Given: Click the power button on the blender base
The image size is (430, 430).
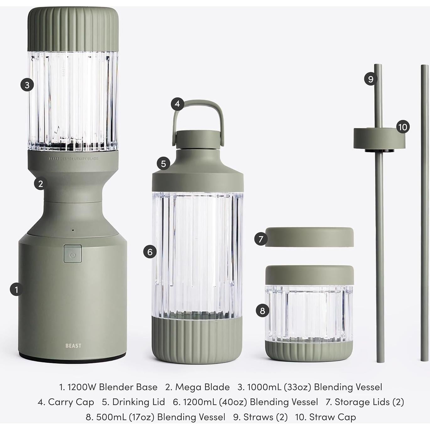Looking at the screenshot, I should pos(73,254).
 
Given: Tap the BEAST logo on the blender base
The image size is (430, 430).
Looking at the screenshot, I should pos(73,346).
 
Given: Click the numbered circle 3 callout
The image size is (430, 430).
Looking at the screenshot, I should pos(27,85).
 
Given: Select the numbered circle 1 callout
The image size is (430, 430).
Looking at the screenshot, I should pos(16,289).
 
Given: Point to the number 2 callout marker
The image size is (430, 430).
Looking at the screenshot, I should pos(40,184).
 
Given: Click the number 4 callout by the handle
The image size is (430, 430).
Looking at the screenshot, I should pos(177,104).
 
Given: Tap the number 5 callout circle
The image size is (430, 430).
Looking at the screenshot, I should pos(163,164).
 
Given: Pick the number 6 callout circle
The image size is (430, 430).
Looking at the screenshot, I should pos(150,252).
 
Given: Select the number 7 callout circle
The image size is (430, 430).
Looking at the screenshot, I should pos(261,239).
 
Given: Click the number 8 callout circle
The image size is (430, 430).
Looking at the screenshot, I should pos(262,311).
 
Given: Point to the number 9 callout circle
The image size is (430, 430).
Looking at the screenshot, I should pos(371,78).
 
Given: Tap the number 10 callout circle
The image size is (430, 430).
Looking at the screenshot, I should pos(403,127).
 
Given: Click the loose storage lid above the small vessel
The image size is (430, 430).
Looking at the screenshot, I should pos(309,237).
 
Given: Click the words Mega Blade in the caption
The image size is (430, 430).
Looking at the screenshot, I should pos(202,387).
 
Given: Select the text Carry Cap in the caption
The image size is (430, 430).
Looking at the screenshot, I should pos(71,402).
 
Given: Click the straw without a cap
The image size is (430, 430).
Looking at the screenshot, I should pos(425,213).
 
